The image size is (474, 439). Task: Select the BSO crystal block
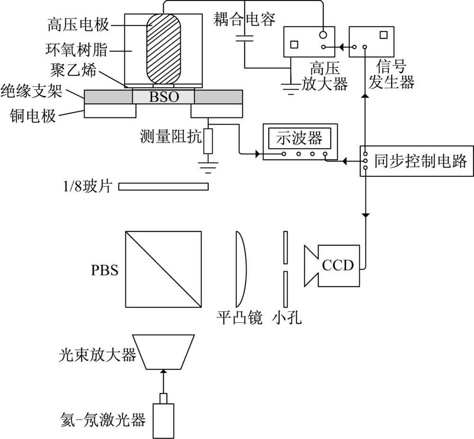pyautogui.click(x=163, y=97)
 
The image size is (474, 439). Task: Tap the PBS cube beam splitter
pyautogui.click(x=164, y=269)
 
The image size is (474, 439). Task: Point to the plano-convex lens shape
pyautogui.click(x=240, y=269)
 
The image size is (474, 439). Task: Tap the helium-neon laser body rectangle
pyautogui.click(x=164, y=420)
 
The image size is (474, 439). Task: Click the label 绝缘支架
pyautogui.click(x=31, y=90)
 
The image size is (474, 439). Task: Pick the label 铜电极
pyautogui.click(x=36, y=115)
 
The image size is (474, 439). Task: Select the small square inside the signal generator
pyautogui.click(x=383, y=35)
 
